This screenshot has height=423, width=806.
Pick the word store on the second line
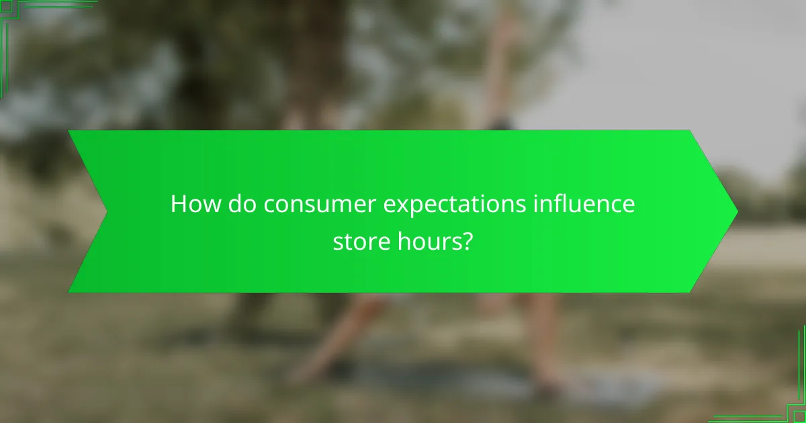tap(357, 241)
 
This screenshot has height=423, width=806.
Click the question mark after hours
tap(464, 241)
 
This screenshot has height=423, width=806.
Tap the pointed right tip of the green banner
tap(737, 211)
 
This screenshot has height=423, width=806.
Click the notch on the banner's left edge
tap(106, 211)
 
